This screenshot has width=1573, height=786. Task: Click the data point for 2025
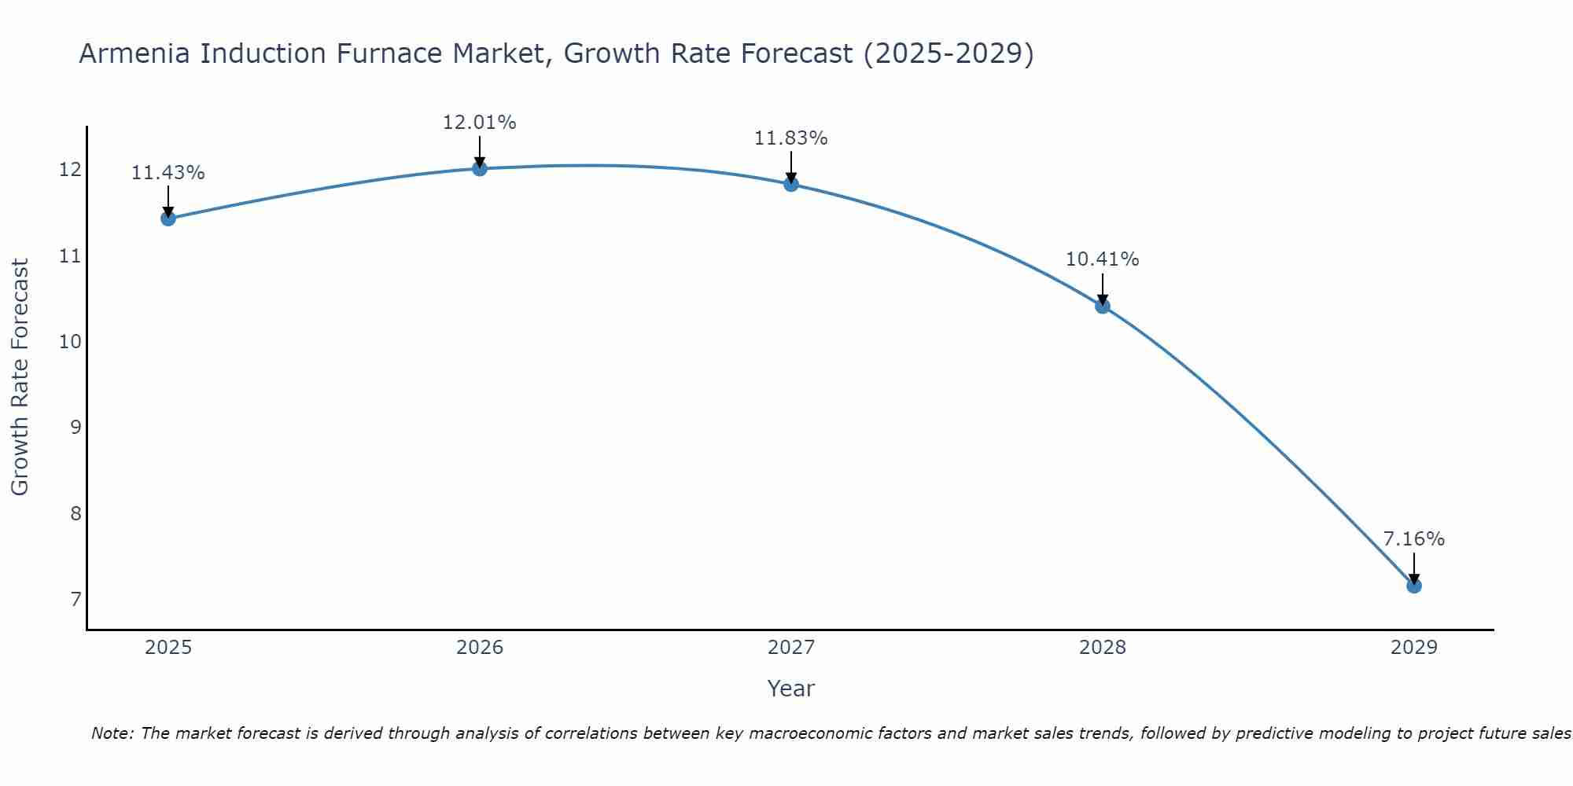pyautogui.click(x=168, y=219)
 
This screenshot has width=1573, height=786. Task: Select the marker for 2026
pyautogui.click(x=480, y=168)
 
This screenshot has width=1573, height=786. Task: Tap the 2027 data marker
pyautogui.click(x=791, y=184)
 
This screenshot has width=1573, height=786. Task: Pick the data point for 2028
pyautogui.click(x=1103, y=306)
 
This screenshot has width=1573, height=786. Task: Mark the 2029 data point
pyautogui.click(x=1413, y=586)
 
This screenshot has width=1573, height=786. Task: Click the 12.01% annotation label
pyautogui.click(x=480, y=123)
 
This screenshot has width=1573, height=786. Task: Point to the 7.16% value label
pyautogui.click(x=1413, y=539)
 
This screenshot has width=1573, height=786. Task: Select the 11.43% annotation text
pyautogui.click(x=168, y=173)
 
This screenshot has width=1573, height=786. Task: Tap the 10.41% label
pyautogui.click(x=1103, y=259)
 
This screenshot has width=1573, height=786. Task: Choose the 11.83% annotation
pyautogui.click(x=791, y=138)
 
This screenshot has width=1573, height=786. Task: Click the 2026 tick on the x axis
pyautogui.click(x=480, y=648)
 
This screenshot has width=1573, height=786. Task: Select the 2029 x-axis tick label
pyautogui.click(x=1413, y=648)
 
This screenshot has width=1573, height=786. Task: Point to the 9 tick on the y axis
pyautogui.click(x=76, y=428)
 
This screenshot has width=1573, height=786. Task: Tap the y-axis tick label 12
pyautogui.click(x=71, y=170)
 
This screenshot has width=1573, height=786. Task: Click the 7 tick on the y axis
pyautogui.click(x=76, y=600)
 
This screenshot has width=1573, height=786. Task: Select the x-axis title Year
pyautogui.click(x=791, y=689)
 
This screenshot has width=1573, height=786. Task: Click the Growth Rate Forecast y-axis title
pyautogui.click(x=20, y=377)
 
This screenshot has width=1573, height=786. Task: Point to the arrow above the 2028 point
pyautogui.click(x=1103, y=289)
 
